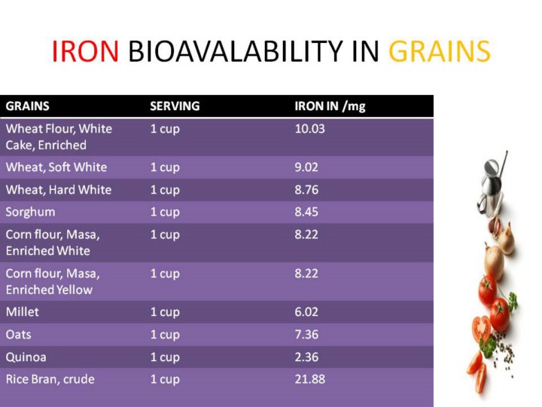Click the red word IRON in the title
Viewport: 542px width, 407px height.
point(85,51)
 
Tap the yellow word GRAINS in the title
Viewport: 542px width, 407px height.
point(440,51)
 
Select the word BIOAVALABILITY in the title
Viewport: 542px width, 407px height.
point(236,51)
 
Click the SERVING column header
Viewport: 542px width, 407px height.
point(175,106)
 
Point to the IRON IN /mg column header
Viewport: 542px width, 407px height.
point(330,106)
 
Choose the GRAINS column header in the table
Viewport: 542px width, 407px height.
point(27,106)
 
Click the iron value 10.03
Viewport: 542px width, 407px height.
point(309,129)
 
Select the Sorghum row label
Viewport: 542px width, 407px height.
point(30,212)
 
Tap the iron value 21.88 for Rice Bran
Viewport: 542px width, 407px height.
point(309,379)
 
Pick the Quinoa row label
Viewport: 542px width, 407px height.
point(26,357)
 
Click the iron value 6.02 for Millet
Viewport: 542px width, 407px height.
point(306,312)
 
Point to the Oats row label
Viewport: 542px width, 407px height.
point(18,335)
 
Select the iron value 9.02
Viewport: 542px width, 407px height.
point(306,167)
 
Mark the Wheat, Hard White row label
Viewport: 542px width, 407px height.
point(59,190)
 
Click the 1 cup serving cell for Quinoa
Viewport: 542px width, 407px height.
point(165,357)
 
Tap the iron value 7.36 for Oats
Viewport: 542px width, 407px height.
point(306,335)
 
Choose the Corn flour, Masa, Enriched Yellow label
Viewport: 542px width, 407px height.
point(53,282)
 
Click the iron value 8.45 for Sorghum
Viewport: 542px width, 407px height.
point(306,212)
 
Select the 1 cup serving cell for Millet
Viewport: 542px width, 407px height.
point(165,313)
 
